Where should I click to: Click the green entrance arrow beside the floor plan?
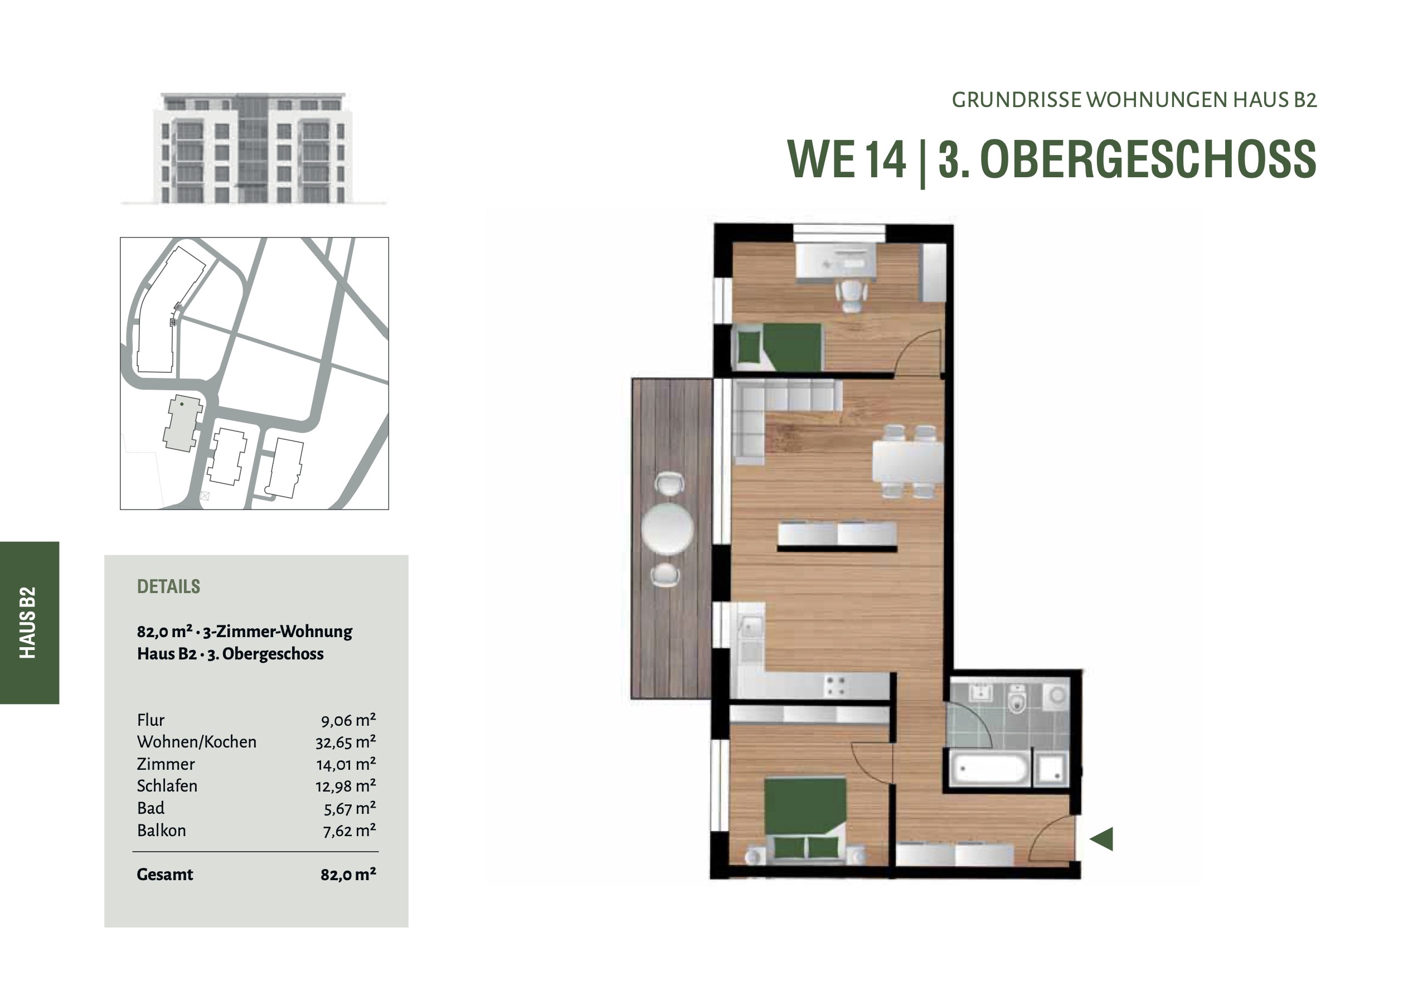(x=1102, y=838)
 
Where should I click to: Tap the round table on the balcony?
(x=668, y=529)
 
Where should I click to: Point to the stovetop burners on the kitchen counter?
(x=835, y=686)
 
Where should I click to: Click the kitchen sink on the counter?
(x=751, y=626)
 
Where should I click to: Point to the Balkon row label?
(x=161, y=830)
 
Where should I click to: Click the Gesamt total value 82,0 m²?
(x=348, y=874)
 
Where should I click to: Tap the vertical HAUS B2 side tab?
(x=28, y=623)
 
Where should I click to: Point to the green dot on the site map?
(x=182, y=404)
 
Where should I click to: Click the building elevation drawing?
(x=253, y=148)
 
